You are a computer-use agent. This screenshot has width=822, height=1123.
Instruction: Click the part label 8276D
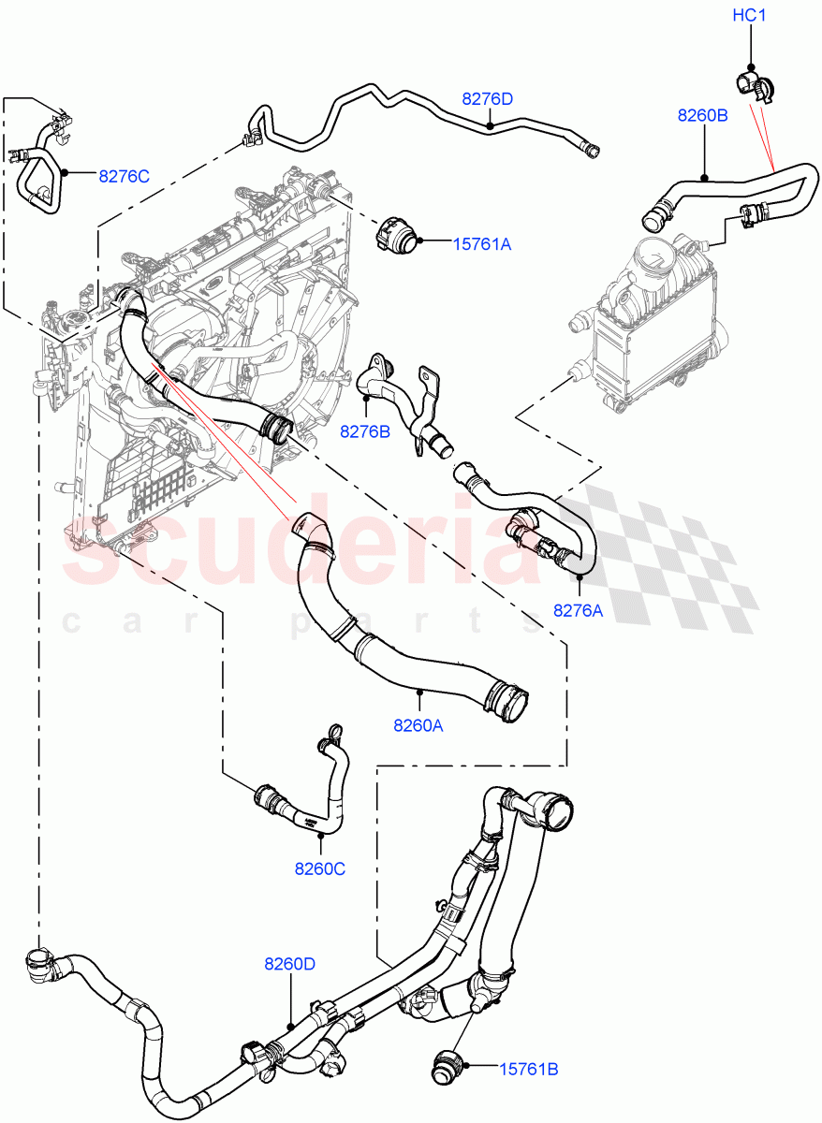[487, 98]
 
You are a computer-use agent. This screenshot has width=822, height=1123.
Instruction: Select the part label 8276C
[125, 174]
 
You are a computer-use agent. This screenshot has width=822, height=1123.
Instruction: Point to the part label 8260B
[703, 115]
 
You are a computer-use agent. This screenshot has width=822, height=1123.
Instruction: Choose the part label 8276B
[365, 431]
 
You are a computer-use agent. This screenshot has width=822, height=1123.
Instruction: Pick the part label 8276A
[578, 610]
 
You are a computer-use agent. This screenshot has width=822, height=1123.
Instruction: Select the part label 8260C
[320, 868]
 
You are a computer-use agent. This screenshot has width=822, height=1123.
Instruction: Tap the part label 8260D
[290, 963]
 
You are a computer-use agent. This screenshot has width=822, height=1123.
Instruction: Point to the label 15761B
[529, 1068]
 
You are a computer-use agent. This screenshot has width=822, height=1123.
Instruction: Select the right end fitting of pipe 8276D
[590, 147]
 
